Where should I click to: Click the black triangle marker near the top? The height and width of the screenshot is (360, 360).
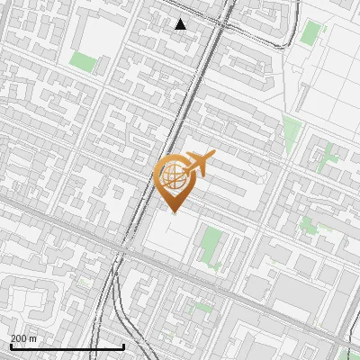pyautogui.click(x=181, y=24)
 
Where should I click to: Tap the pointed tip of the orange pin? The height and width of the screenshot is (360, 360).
pyautogui.click(x=174, y=211)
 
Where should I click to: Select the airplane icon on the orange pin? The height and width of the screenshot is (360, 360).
pyautogui.click(x=199, y=164)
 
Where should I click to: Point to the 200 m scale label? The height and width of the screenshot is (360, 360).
pyautogui.click(x=23, y=338)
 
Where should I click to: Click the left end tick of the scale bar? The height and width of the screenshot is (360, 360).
pyautogui.click(x=10, y=346)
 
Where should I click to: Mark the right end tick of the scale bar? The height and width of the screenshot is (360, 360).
pyautogui.click(x=123, y=346)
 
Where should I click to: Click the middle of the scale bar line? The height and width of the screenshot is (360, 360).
pyautogui.click(x=67, y=346)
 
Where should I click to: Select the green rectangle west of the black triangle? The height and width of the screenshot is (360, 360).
pyautogui.click(x=83, y=61)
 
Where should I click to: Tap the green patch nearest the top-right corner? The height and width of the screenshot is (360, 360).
pyautogui.click(x=310, y=33)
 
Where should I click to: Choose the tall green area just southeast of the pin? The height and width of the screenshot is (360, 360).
pyautogui.click(x=211, y=246)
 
